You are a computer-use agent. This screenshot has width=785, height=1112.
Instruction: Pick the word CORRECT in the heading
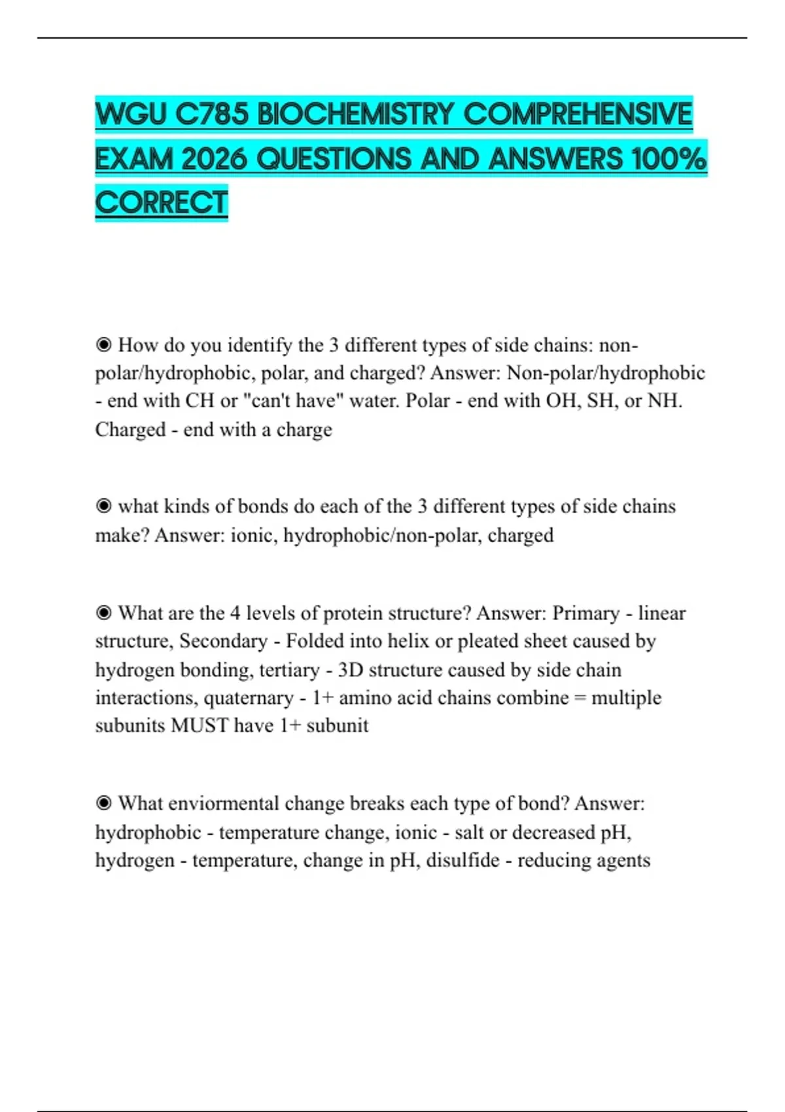(x=162, y=202)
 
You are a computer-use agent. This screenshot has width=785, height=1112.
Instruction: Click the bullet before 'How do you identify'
(x=103, y=345)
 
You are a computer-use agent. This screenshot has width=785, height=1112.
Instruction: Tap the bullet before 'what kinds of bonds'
(x=103, y=506)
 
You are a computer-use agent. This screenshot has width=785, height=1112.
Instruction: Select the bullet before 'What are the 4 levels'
(x=103, y=613)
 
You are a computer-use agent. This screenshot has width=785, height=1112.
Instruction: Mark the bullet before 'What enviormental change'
(x=103, y=803)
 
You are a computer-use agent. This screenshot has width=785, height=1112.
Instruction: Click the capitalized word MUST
(x=200, y=725)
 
